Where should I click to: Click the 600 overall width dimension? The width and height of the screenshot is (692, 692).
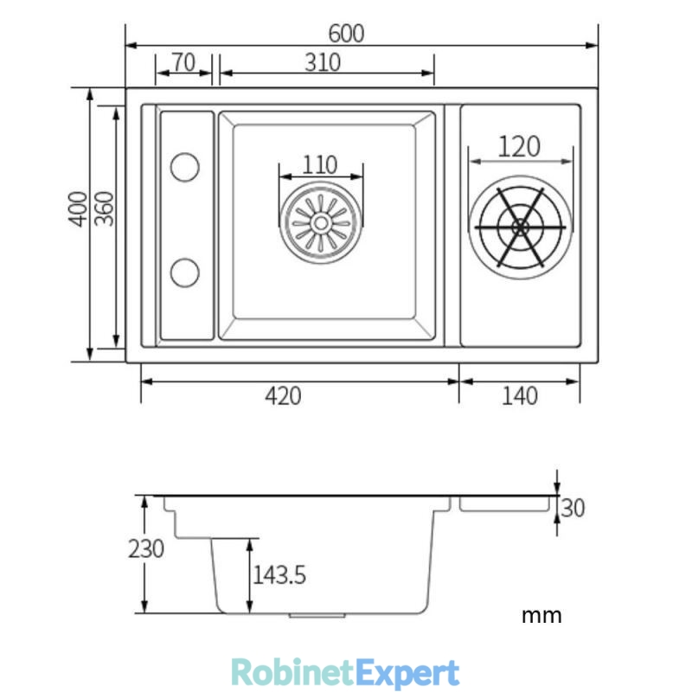pyautogui.click(x=347, y=34)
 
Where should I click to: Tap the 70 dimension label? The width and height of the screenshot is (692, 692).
pyautogui.click(x=183, y=61)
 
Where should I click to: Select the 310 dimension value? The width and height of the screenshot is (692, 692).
pyautogui.click(x=323, y=62)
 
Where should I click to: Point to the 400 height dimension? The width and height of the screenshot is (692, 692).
pyautogui.click(x=78, y=208)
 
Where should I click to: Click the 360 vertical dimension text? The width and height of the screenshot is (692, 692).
pyautogui.click(x=105, y=208)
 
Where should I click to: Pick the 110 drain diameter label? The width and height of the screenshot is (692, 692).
pyautogui.click(x=320, y=165)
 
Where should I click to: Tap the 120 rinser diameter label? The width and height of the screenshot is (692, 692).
pyautogui.click(x=519, y=146)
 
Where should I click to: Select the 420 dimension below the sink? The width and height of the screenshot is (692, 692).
pyautogui.click(x=284, y=396)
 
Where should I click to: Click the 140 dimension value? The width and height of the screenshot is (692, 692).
pyautogui.click(x=520, y=396)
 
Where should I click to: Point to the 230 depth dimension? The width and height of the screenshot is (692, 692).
pyautogui.click(x=146, y=549)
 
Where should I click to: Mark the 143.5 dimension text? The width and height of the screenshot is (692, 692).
pyautogui.click(x=279, y=575)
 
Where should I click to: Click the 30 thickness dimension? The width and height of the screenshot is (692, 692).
pyautogui.click(x=573, y=508)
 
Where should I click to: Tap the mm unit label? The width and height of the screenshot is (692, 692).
pyautogui.click(x=541, y=616)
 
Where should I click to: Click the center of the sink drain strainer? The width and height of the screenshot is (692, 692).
pyautogui.click(x=321, y=223)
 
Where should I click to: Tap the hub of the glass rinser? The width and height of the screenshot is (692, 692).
pyautogui.click(x=521, y=227)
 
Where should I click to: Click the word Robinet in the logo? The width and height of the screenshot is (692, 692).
pyautogui.click(x=292, y=673)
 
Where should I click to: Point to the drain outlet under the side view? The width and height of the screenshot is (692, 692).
pyautogui.click(x=317, y=615)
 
